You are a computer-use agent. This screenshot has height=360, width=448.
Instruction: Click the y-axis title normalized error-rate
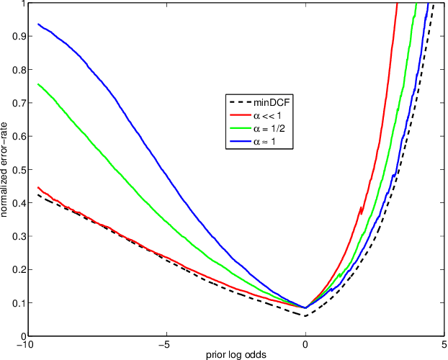point(6,169)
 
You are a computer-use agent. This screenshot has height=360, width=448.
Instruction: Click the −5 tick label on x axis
point(166,343)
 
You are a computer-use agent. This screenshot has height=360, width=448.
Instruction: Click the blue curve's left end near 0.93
point(38,24)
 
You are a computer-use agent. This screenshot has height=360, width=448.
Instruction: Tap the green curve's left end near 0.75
point(38,84)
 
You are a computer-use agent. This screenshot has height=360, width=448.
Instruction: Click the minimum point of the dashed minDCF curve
point(305,315)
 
